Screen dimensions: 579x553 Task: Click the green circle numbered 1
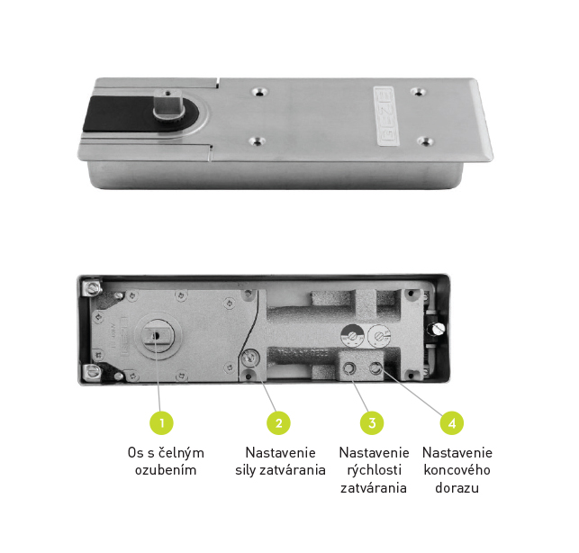point(161,423)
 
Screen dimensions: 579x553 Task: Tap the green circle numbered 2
point(279,423)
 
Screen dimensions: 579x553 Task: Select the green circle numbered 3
point(372,423)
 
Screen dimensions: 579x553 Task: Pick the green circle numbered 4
point(452,423)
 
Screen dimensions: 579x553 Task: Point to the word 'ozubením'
point(166,470)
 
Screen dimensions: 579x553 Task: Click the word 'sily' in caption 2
point(245,470)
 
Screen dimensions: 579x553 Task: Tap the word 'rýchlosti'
point(374,470)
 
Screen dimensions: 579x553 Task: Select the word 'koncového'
point(457,470)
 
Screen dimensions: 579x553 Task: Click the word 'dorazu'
point(457,487)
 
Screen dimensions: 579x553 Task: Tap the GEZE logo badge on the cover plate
point(386,116)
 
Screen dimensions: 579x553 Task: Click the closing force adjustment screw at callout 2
point(250,358)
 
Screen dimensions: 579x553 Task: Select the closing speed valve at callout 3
point(349,368)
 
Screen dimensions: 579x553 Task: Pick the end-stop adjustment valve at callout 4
point(375,368)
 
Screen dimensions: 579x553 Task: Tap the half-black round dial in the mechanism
point(353,336)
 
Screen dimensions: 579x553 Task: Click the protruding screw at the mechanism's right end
point(437,329)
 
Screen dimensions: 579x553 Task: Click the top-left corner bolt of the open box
point(92,287)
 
